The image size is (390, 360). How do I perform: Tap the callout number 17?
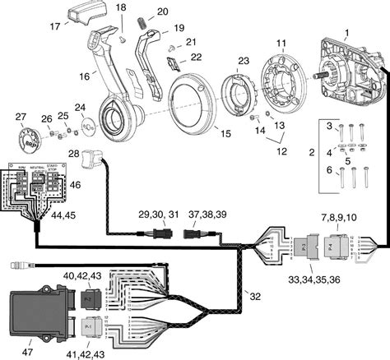(x=55, y=25)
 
